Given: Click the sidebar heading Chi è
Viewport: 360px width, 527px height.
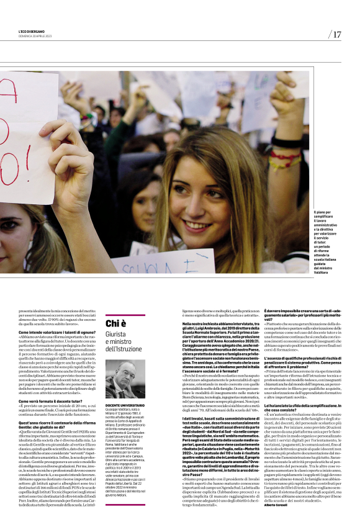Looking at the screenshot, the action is (116, 323).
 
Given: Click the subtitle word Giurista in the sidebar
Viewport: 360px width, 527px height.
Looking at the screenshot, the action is (116, 335).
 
